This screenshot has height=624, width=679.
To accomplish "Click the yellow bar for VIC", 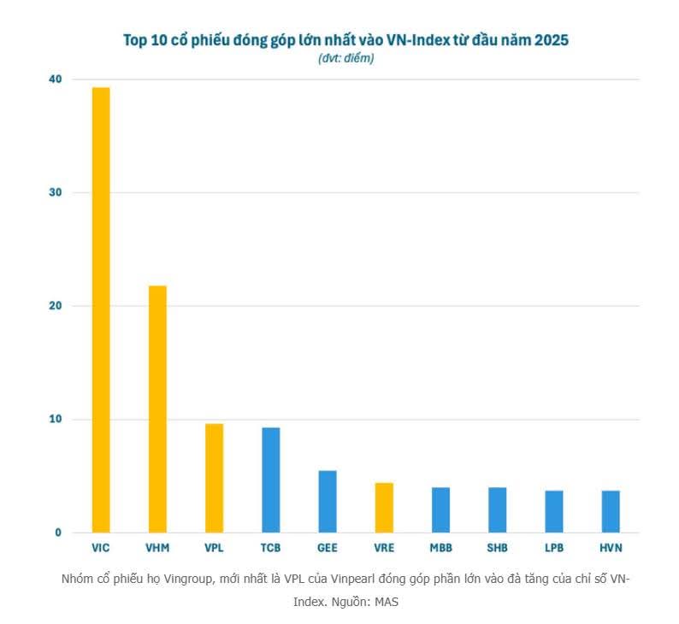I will click(x=101, y=309).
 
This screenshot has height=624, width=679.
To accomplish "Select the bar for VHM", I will click(x=157, y=409).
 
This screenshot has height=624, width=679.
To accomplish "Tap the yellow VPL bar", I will click(x=214, y=478).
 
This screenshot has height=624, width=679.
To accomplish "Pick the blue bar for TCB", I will click(x=270, y=480).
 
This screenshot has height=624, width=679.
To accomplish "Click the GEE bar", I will click(x=328, y=501).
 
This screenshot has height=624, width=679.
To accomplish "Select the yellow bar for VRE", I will click(x=384, y=507).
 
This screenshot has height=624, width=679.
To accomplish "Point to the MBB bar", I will click(x=440, y=509).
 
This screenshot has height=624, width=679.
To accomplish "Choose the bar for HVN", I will click(x=611, y=511).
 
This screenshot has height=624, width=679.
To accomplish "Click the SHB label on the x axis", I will click(x=497, y=546).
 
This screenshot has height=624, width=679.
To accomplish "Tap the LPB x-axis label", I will click(x=554, y=546).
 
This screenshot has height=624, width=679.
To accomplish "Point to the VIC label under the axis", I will click(x=101, y=546).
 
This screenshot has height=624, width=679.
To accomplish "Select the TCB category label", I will click(x=270, y=546).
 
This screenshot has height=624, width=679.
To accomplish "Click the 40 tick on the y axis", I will click(x=56, y=79).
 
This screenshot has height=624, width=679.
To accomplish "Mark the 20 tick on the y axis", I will click(x=56, y=306).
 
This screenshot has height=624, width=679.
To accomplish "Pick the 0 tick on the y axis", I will click(x=58, y=533).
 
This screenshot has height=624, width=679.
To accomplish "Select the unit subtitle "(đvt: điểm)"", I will click(x=345, y=58).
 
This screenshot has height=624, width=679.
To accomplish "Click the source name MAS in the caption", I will click(x=387, y=602).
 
